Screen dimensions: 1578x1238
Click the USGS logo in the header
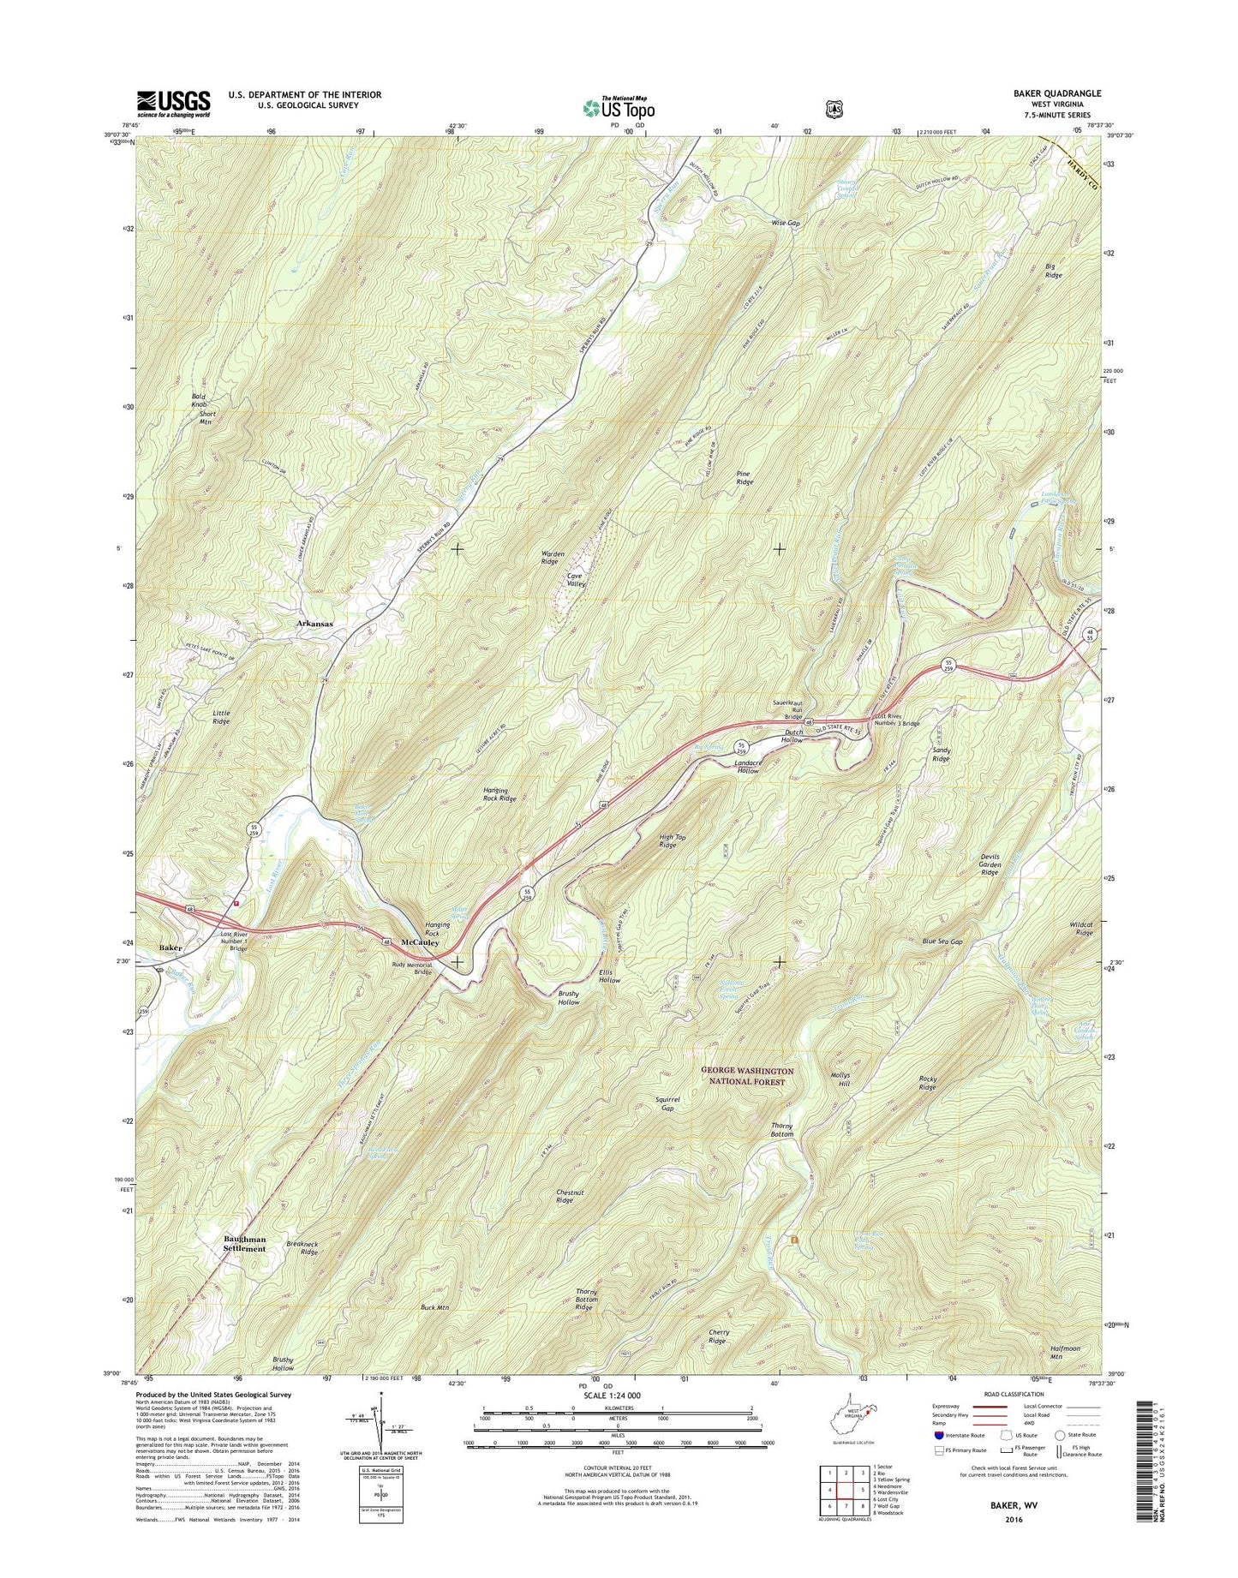tap(173, 104)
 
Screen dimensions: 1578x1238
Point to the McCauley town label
tap(420, 942)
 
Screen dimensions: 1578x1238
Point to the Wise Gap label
tap(785, 223)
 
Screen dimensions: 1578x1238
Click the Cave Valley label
tap(575, 580)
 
